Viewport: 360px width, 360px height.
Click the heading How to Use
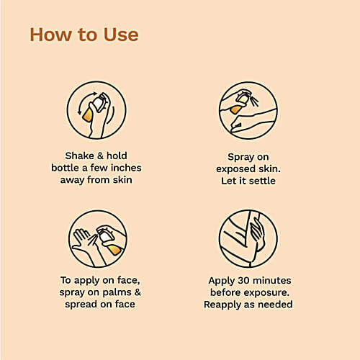[x=84, y=35]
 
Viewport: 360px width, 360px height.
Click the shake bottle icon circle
[x=96, y=110]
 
